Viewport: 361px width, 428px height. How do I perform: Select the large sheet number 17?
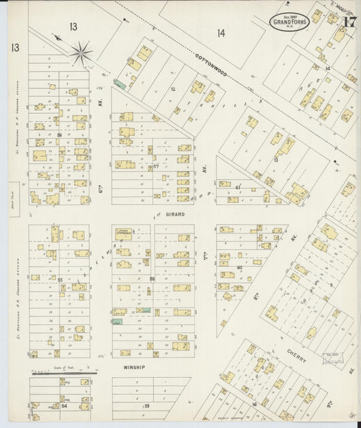coord(349,21)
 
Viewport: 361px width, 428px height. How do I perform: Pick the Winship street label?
coord(134,367)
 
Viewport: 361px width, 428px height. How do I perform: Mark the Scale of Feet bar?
coord(65,372)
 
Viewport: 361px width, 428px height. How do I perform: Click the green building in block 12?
coord(119,83)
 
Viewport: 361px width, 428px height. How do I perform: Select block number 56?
coord(60,135)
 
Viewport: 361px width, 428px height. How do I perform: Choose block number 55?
coord(60,279)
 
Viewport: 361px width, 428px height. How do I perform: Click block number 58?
coord(152,279)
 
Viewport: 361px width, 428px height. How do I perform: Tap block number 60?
coord(240,268)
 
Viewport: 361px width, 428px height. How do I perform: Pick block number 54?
coord(64,406)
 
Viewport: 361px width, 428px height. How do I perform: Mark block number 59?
coord(146,406)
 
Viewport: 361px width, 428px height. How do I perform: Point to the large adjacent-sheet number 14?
coord(221,33)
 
